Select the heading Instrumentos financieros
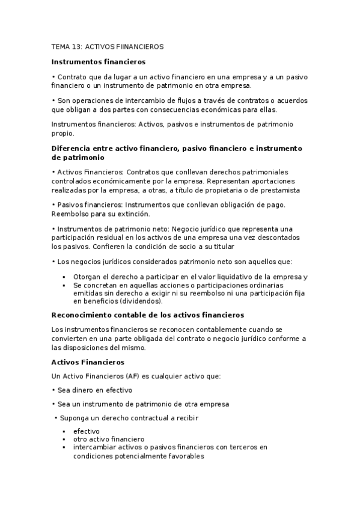point(98,61)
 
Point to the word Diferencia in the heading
point(71,148)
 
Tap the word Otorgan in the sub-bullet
point(87,277)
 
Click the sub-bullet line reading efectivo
point(87,431)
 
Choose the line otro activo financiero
point(109,439)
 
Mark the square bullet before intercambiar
point(63,447)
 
